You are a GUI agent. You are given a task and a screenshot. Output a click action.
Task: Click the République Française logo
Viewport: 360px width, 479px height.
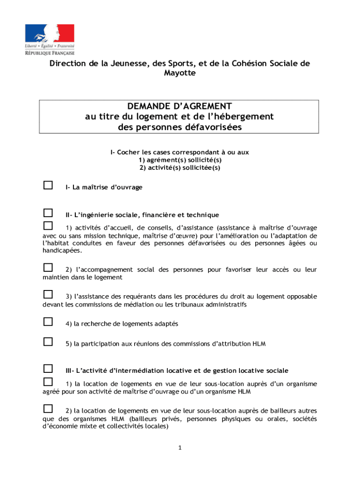point(50,40)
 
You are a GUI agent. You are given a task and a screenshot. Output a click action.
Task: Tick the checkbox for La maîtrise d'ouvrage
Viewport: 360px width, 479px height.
point(48,186)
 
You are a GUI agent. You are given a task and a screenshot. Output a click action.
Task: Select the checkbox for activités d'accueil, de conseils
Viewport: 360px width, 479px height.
point(48,226)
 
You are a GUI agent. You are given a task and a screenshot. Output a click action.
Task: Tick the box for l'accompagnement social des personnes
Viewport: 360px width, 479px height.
point(48,268)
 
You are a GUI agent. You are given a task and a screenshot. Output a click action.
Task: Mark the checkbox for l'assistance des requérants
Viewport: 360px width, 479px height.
point(48,294)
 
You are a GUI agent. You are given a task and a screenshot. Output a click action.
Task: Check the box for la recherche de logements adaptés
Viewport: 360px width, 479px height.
point(48,322)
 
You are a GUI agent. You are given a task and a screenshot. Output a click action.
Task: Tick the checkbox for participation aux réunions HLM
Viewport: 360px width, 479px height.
point(48,341)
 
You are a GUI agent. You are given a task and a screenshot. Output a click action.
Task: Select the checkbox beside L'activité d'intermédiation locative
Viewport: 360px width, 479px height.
point(48,369)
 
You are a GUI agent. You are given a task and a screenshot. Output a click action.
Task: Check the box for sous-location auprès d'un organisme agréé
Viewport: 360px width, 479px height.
point(48,382)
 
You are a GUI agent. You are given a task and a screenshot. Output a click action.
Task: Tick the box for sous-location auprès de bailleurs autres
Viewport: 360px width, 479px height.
point(48,408)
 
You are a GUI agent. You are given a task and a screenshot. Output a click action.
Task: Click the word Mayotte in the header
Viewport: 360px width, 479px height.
point(180,73)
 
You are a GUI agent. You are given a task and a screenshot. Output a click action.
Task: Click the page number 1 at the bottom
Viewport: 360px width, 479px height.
point(180,448)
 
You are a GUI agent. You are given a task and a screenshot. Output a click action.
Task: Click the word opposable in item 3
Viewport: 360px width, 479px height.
point(299,297)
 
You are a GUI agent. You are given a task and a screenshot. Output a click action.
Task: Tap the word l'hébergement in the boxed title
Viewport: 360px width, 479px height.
point(243,116)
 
